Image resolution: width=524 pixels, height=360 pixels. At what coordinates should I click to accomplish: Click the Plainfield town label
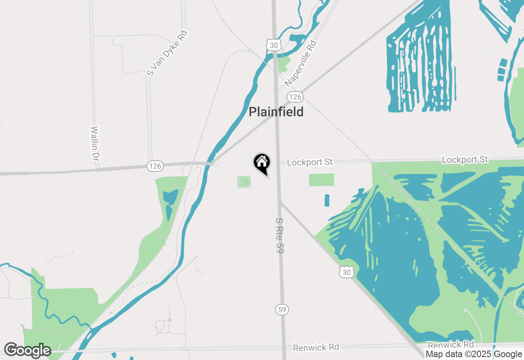click(x=276, y=112)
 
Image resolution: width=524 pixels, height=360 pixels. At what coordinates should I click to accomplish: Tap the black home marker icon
click(x=262, y=163)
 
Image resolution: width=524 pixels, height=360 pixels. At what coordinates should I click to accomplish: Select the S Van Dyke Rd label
click(x=167, y=53)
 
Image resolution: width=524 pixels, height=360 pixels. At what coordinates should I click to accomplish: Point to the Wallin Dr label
click(x=95, y=143)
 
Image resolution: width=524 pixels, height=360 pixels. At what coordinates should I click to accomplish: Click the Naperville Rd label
click(x=301, y=63)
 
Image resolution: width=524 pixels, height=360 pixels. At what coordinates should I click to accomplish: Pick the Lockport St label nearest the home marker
click(x=309, y=162)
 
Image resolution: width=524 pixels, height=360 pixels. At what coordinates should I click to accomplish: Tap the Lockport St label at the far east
click(x=465, y=159)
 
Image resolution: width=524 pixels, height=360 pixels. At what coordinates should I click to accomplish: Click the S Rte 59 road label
click(x=280, y=235)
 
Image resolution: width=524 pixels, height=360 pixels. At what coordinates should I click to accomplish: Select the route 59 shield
click(x=282, y=310)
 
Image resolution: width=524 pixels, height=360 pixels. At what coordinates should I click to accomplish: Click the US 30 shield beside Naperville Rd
click(x=273, y=45)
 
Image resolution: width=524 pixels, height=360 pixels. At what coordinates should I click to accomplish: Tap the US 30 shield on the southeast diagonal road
click(x=347, y=272)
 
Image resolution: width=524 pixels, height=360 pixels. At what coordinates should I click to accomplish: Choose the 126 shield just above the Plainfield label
click(x=295, y=97)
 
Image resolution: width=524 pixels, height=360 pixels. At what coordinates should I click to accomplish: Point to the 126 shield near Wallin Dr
click(x=156, y=166)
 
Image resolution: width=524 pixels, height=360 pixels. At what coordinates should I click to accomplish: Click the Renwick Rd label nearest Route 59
click(x=316, y=347)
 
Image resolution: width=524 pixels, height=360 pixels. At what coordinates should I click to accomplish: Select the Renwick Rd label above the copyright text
click(x=451, y=344)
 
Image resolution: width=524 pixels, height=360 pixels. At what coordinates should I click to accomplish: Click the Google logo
click(x=27, y=351)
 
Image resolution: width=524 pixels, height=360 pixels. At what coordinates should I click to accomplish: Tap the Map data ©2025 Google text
click(x=474, y=354)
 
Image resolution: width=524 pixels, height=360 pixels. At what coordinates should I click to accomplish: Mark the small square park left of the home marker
click(x=244, y=182)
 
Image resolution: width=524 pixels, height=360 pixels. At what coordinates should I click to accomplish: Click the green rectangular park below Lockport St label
click(x=321, y=180)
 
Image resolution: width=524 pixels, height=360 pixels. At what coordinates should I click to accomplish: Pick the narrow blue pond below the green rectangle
click(x=327, y=200)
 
